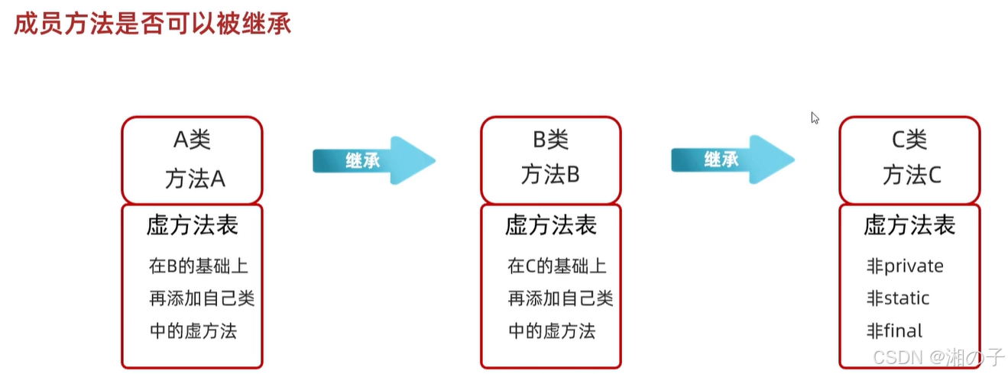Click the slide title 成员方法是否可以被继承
152,24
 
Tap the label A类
192,140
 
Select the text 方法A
194,178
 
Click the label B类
550,140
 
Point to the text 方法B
550,175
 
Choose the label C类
909,140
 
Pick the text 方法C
912,176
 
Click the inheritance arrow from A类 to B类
374,160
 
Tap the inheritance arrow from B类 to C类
732,160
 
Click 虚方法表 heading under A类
192,225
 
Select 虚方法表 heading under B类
550,225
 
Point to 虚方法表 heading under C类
909,225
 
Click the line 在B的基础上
198,266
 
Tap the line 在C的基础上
556,266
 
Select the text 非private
905,266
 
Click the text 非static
898,298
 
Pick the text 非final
894,331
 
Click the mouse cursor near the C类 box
815,118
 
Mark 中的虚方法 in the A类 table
193,331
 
